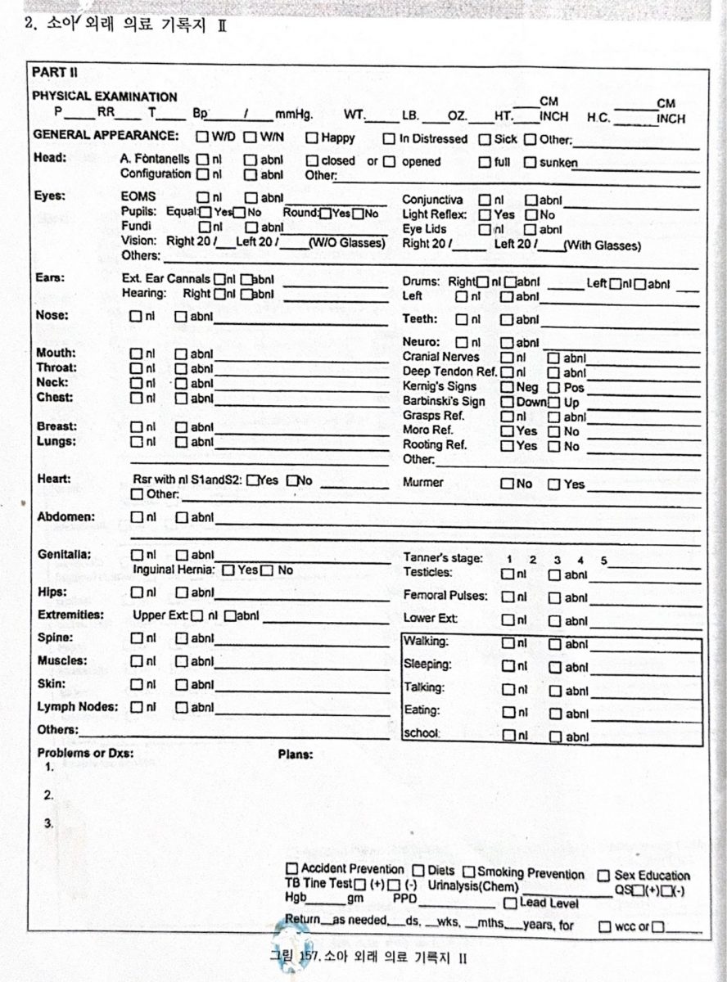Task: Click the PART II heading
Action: coord(55,73)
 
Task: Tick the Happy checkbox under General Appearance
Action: coord(312,138)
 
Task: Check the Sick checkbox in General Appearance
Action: coord(485,139)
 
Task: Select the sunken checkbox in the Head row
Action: coord(531,162)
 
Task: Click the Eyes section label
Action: coord(50,196)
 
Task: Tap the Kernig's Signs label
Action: coord(439,386)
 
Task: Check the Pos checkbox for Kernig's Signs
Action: coord(553,387)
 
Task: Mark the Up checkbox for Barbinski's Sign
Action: coord(553,402)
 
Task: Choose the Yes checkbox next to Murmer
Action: coord(553,484)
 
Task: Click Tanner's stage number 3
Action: coord(557,560)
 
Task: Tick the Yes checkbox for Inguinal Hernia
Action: coord(228,570)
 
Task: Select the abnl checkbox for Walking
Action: coord(554,644)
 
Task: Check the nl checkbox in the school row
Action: coord(508,736)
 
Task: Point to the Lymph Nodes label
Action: coord(77,706)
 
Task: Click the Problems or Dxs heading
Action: coord(85,754)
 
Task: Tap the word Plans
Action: coord(296,755)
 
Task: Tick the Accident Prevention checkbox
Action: coord(291,868)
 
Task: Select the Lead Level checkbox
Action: coord(510,903)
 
